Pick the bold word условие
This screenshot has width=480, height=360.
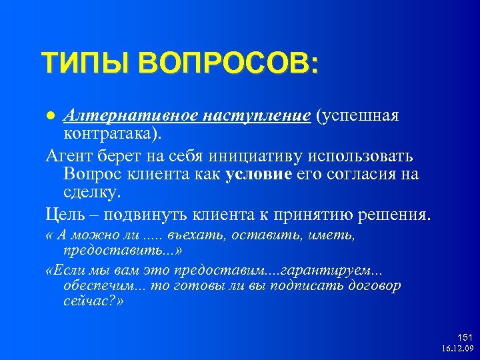tap(259, 175)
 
